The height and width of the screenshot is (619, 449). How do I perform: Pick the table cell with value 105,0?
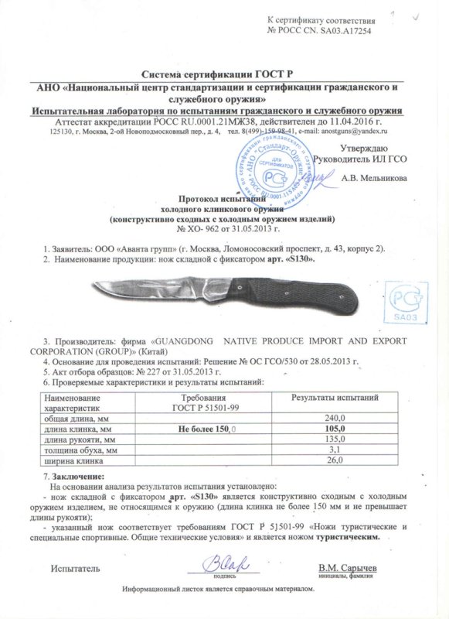pos(335,427)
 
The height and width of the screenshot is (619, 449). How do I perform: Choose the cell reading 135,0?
pos(335,438)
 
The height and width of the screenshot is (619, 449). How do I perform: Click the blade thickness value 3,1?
pos(335,449)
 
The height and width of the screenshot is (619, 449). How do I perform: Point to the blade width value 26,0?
pos(335,460)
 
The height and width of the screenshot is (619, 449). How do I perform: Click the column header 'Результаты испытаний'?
pos(335,398)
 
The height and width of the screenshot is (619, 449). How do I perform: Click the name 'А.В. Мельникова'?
pos(375,176)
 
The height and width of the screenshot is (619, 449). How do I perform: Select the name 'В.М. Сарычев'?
pos(347,569)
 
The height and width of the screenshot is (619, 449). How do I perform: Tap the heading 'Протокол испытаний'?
pos(224,199)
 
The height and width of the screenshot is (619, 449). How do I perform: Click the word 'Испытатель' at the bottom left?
pos(75,569)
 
